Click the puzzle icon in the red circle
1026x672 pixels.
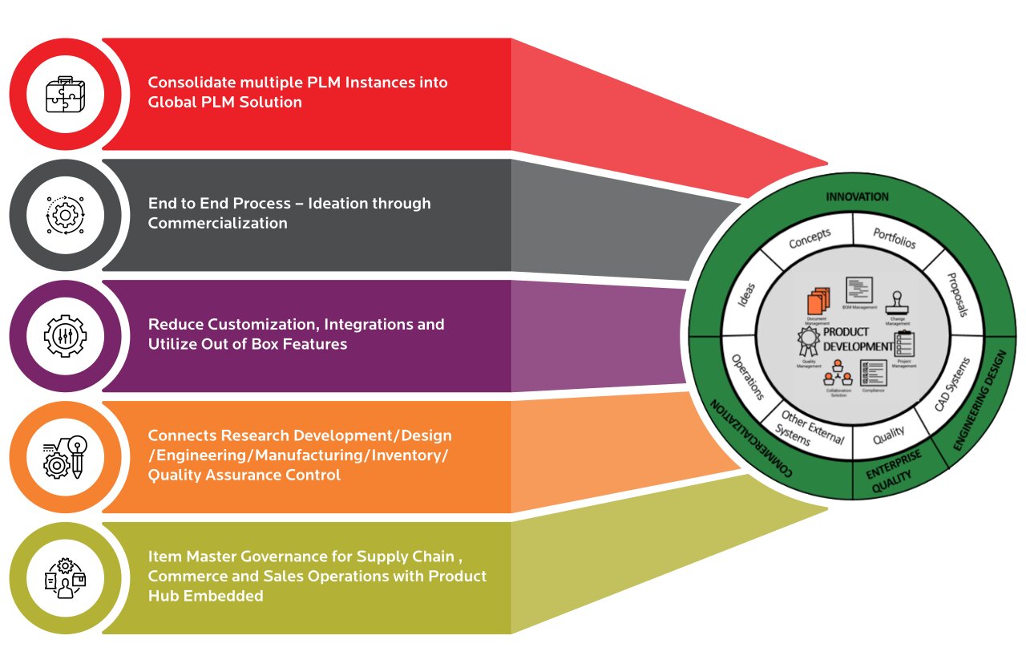coord(65,94)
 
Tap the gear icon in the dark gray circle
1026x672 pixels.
coord(65,214)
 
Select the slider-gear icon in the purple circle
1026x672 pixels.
coord(65,335)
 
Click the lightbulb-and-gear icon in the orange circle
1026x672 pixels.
coord(65,456)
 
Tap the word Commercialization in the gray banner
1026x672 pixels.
coord(217,223)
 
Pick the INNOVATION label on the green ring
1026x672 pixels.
coord(857,196)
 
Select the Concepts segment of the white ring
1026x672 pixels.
coord(810,238)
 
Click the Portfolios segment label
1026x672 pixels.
coord(893,237)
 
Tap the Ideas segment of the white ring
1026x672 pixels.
coord(745,299)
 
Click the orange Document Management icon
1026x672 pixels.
coord(817,304)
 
